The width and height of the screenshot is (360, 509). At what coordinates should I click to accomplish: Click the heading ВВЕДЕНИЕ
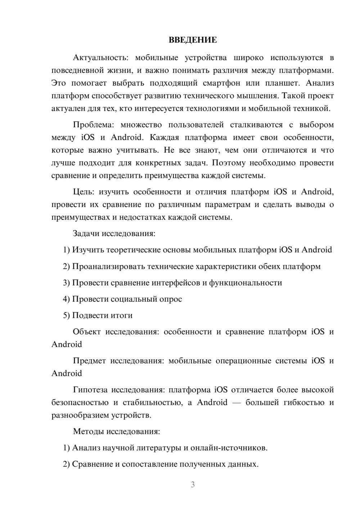point(193,40)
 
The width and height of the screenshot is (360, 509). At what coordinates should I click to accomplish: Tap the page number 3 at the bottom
point(193,485)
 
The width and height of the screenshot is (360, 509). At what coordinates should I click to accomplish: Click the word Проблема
point(93,125)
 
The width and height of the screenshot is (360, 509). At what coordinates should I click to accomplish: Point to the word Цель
point(83,192)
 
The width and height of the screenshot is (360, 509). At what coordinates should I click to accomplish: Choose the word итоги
point(122,315)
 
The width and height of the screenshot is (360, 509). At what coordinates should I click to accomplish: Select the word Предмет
point(89,361)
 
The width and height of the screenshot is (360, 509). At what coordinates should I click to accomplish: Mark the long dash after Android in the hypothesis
point(237,402)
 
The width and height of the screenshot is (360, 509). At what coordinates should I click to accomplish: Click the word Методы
point(88,431)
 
